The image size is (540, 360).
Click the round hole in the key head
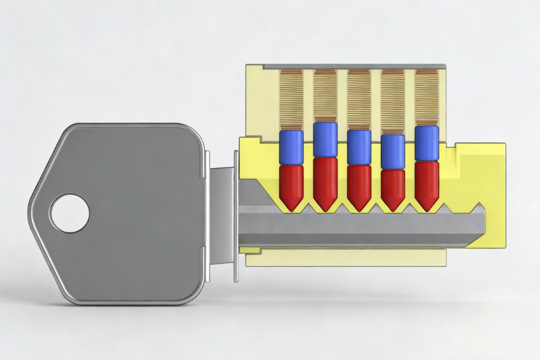coord(70,213)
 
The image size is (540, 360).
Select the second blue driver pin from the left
coord(325,139)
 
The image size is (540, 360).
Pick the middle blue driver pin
coord(359,146)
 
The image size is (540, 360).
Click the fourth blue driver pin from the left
coord(393,151)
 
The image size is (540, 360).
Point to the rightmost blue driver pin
coord(427,143)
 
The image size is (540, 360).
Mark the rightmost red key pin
coord(427,183)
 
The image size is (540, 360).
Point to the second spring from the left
coord(325,95)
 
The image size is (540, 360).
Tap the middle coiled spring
coord(359,99)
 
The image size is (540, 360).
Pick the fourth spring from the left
coord(393,101)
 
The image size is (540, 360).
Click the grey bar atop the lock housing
coord(354,65)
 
